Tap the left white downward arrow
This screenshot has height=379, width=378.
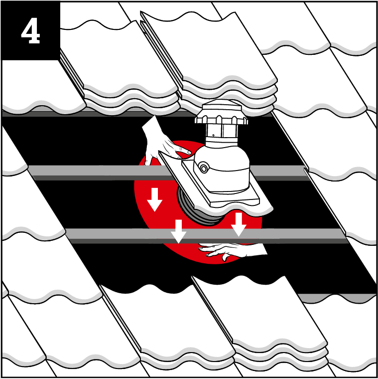pyautogui.click(x=154, y=199)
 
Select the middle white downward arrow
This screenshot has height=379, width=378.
pyautogui.click(x=178, y=231)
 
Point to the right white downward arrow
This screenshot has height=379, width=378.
pyautogui.click(x=239, y=224)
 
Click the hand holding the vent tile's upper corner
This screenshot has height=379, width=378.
pyautogui.click(x=164, y=143)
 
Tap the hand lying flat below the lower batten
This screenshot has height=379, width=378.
pyautogui.click(x=232, y=251)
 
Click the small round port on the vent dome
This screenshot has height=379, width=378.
pyautogui.click(x=204, y=169)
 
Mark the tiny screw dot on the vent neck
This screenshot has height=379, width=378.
pyautogui.click(x=213, y=135)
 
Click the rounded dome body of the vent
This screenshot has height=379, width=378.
pyautogui.click(x=222, y=167)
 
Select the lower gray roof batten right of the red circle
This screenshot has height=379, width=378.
pyautogui.click(x=302, y=236)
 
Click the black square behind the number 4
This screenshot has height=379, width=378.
pyautogui.click(x=31, y=31)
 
